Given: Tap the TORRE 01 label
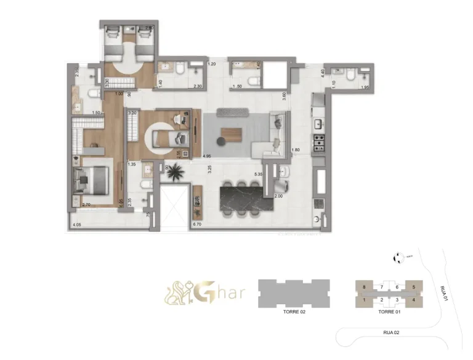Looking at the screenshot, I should (x=389, y=312).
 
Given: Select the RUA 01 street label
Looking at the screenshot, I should (x=445, y=295).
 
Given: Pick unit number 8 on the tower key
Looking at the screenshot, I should (x=365, y=287).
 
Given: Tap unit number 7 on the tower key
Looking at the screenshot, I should (x=382, y=287).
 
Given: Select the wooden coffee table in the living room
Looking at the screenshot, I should (x=233, y=132).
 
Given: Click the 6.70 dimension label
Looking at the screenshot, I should (x=197, y=225).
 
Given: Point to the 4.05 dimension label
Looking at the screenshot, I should (x=77, y=225).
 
